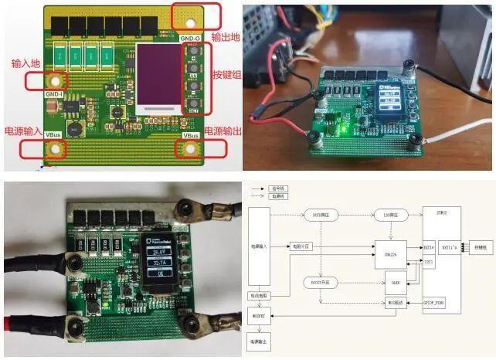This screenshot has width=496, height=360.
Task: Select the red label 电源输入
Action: (x=22, y=131)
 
